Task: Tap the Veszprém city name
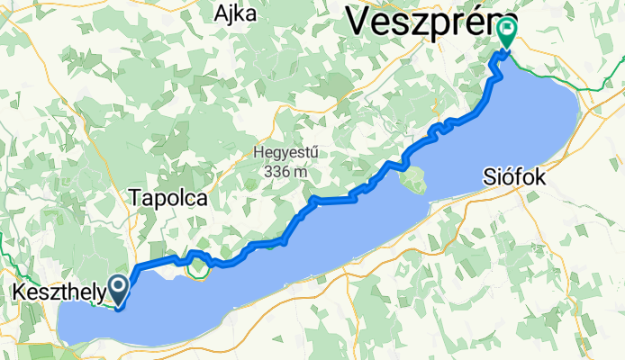coord(423,18)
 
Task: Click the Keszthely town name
coord(59,292)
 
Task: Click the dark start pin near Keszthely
coord(118,289)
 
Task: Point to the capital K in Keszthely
coord(21,292)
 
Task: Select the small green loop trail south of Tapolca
coord(200,267)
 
